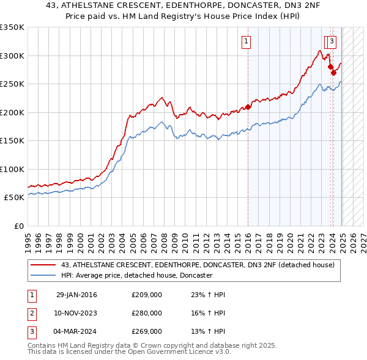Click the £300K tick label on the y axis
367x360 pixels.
[x=12, y=56]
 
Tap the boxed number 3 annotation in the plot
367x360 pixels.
[x=332, y=41]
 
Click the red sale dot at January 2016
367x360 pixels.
[x=248, y=107]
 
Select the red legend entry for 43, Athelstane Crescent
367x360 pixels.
[x=198, y=265]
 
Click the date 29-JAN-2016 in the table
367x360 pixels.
[x=76, y=295]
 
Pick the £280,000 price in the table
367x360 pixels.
[x=147, y=313]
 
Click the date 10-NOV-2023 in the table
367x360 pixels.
[x=76, y=313]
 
